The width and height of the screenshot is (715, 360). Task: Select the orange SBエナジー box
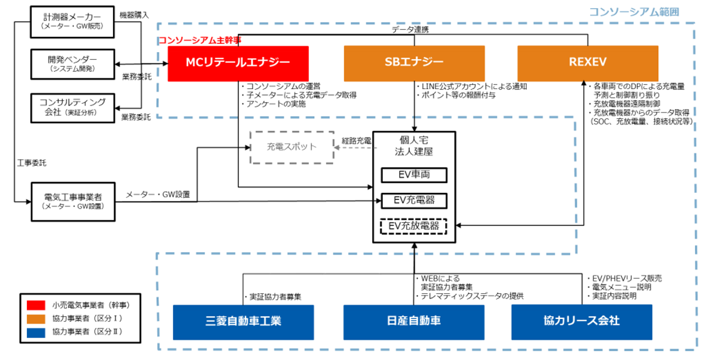tap(414, 63)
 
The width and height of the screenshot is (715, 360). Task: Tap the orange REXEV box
tap(588, 63)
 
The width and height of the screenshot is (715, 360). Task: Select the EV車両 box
tap(414, 175)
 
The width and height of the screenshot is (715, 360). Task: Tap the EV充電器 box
tap(414, 201)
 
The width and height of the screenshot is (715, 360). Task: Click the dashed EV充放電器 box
tap(414, 226)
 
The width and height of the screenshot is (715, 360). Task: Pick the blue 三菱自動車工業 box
tap(243, 321)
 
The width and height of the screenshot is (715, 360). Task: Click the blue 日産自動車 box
tap(413, 321)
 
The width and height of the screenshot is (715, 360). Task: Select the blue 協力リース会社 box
tap(581, 321)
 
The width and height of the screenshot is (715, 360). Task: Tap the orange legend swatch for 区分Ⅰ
tap(36, 318)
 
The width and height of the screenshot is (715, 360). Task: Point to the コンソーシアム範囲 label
tap(642, 12)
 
